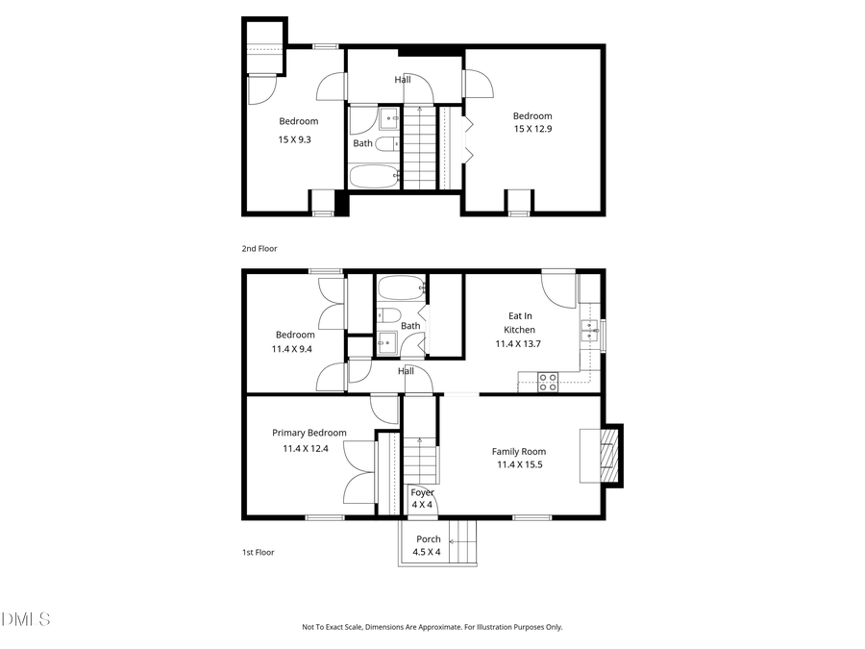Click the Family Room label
point(518,452)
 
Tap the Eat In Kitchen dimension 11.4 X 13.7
point(518,343)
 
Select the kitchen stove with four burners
point(548,382)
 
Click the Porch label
point(428,539)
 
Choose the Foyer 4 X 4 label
point(422,498)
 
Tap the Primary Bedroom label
point(309,433)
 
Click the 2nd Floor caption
point(259,248)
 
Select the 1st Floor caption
point(259,553)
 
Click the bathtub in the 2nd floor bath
point(374,176)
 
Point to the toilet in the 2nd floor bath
point(384,144)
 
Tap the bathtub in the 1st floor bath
point(400,287)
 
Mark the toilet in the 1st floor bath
point(389,314)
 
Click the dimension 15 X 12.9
point(532,129)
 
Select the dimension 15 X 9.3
point(295,139)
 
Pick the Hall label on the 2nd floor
point(403,80)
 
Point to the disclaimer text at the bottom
point(432,627)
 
